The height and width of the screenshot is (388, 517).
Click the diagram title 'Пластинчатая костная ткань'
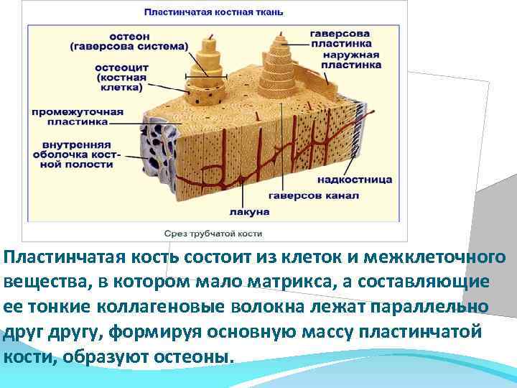click(x=214, y=11)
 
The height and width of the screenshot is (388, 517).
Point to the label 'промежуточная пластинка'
click(x=78, y=117)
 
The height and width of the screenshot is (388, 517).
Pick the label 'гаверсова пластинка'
click(x=340, y=39)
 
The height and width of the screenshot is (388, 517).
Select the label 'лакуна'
click(x=249, y=212)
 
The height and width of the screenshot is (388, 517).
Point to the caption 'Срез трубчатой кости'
click(x=213, y=234)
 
